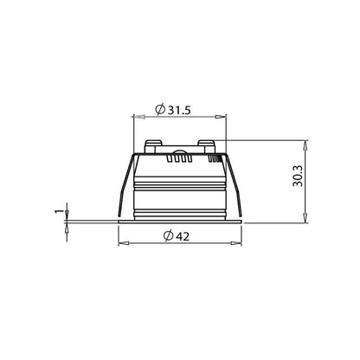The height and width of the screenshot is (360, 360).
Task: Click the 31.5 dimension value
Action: point(179,110)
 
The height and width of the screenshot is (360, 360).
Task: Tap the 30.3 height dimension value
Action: point(298,176)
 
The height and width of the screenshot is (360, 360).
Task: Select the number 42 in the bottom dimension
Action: point(183,236)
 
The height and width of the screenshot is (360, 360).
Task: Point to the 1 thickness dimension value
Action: point(59,211)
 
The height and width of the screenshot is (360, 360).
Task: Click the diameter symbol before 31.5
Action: point(160,109)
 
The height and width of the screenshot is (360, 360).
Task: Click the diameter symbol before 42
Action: point(168,236)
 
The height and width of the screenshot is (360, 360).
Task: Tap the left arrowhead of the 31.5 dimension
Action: point(138,117)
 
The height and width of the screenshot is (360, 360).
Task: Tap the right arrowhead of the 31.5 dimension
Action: point(221,117)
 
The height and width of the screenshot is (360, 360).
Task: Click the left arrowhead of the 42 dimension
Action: point(124,244)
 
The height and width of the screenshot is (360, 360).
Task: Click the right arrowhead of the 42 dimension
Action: point(236,244)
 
